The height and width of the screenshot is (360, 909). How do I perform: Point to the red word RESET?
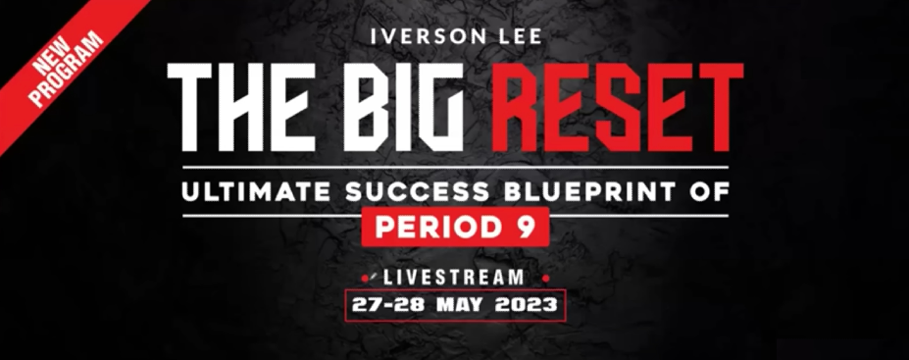pyautogui.click(x=618, y=107)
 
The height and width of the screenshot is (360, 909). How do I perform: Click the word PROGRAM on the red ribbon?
pyautogui.click(x=67, y=69)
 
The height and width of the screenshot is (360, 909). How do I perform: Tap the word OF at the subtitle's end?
pyautogui.click(x=709, y=192)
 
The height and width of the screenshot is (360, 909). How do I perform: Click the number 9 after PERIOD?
pyautogui.click(x=527, y=228)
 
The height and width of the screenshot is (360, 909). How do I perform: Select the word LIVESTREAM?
pyautogui.click(x=454, y=277)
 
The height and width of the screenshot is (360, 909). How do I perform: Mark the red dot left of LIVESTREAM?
pyautogui.click(x=364, y=279)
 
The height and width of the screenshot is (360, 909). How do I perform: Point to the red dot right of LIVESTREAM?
pyautogui.click(x=545, y=279)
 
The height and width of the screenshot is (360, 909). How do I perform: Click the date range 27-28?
pyautogui.click(x=388, y=304)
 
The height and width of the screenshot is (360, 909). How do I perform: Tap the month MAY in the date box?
pyautogui.click(x=460, y=304)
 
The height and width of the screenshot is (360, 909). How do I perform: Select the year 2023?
pyautogui.click(x=527, y=304)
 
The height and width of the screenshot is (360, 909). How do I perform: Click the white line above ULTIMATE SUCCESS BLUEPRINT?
pyautogui.click(x=456, y=168)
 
